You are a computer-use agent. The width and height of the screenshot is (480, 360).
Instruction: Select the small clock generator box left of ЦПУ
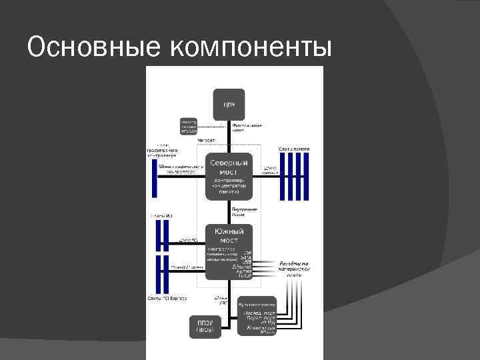point(189,126)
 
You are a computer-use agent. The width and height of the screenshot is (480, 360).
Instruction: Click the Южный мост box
point(229,250)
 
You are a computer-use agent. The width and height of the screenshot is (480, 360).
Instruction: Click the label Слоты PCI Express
point(167,298)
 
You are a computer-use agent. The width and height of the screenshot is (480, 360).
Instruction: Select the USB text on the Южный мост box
point(247,261)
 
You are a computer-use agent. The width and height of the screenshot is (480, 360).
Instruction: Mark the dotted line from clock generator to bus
point(213,126)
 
